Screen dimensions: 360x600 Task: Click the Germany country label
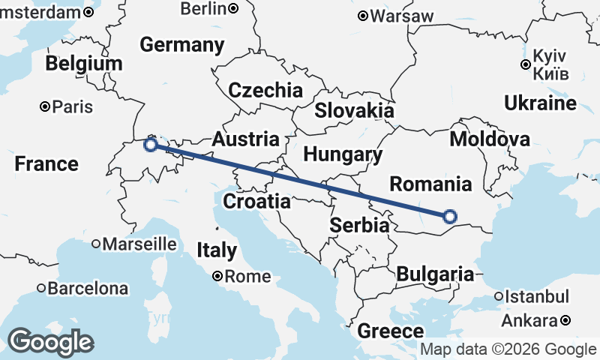pyautogui.click(x=181, y=45)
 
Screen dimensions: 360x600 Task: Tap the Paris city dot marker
pyautogui.click(x=46, y=106)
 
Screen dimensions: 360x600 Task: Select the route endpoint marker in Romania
pyautogui.click(x=449, y=217)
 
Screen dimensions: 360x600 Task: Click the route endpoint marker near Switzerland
pyautogui.click(x=151, y=144)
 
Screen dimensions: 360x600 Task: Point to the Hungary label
pyautogui.click(x=343, y=154)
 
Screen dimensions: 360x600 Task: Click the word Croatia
pyautogui.click(x=256, y=201)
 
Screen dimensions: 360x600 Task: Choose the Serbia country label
pyautogui.click(x=360, y=225)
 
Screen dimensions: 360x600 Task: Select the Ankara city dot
pyautogui.click(x=565, y=321)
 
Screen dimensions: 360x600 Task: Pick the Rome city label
pyautogui.click(x=247, y=276)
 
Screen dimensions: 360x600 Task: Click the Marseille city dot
pyautogui.click(x=96, y=244)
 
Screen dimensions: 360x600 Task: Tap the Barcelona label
pyautogui.click(x=88, y=288)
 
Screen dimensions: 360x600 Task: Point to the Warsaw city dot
pyautogui.click(x=362, y=16)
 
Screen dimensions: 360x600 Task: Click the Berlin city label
pyautogui.click(x=203, y=8)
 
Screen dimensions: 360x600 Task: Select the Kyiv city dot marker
pyautogui.click(x=526, y=64)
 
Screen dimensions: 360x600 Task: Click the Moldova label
pyautogui.click(x=490, y=139)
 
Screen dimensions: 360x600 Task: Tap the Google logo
pyautogui.click(x=50, y=342)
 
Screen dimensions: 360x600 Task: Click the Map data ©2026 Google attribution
pyautogui.click(x=508, y=349)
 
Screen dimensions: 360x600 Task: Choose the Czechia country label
pyautogui.click(x=265, y=91)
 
